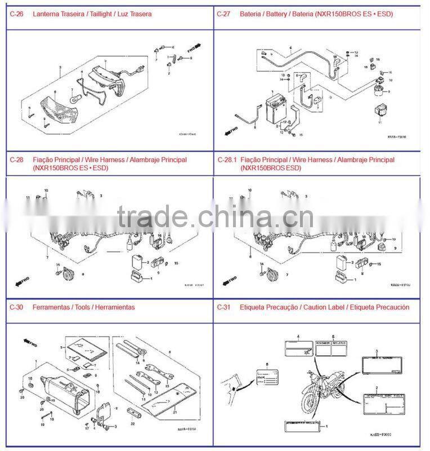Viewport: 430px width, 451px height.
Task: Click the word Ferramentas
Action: tap(50, 307)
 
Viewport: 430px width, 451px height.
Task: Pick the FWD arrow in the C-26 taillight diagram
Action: tap(194, 45)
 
